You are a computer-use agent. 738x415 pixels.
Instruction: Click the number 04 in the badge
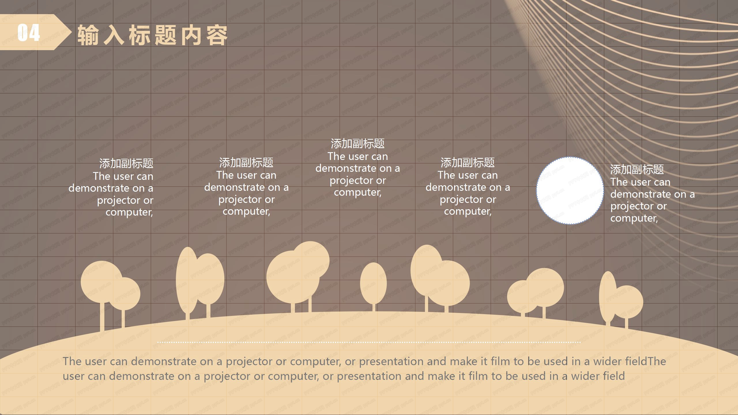coord(29,33)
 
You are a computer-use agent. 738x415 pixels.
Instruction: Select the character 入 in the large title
coord(114,35)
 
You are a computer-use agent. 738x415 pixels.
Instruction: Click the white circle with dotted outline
coord(570,190)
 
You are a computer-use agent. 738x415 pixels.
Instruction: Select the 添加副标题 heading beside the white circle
coord(637,169)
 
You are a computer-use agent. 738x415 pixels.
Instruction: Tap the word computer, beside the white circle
coord(634,218)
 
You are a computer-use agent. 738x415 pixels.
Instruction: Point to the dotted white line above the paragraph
coord(369,342)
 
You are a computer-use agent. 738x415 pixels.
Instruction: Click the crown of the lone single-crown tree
coord(373,283)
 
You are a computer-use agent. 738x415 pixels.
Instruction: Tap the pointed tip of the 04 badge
coord(71,32)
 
